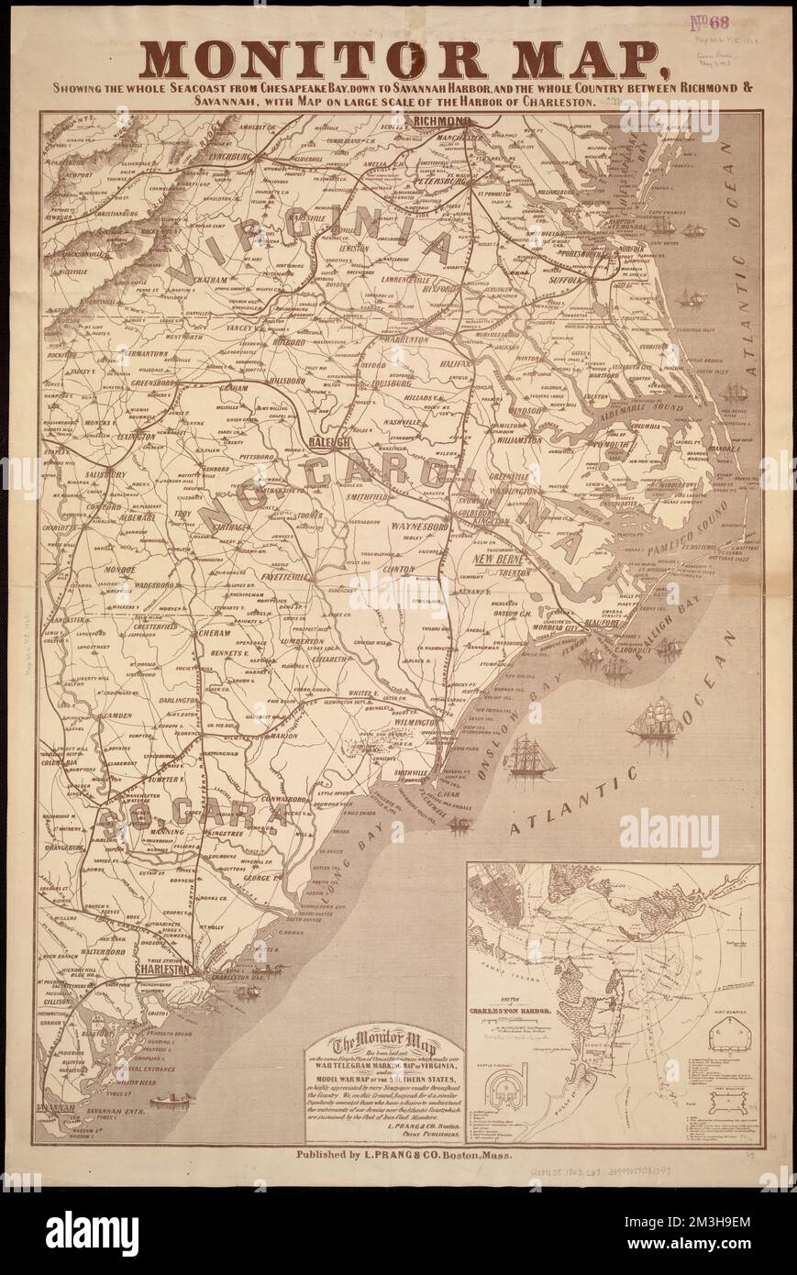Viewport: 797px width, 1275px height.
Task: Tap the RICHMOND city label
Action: pos(442,120)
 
